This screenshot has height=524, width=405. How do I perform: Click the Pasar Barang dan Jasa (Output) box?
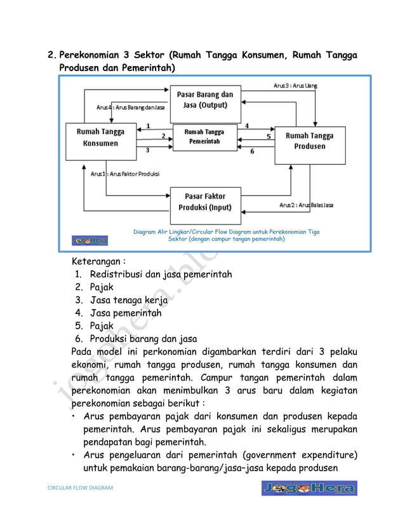pos(204,104)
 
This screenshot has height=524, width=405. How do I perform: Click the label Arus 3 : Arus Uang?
pos(295,86)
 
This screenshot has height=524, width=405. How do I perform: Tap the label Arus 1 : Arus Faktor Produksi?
pos(124,173)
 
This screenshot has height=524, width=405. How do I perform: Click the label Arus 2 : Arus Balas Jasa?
pos(307,205)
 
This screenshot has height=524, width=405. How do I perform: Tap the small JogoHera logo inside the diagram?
pos(90,240)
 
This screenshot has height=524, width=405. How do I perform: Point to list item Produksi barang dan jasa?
pos(143,339)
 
